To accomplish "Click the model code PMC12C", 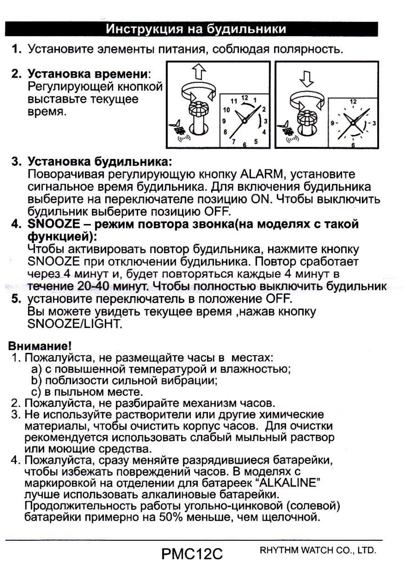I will click(192, 554).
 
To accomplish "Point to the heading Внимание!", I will click(40, 346).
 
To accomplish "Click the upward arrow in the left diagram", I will click(198, 72).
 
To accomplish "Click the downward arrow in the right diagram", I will click(306, 79).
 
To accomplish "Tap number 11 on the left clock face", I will click(234, 101).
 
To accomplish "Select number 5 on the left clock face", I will click(256, 142).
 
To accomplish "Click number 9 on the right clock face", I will click(333, 123).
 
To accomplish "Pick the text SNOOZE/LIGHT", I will click(75, 324).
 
